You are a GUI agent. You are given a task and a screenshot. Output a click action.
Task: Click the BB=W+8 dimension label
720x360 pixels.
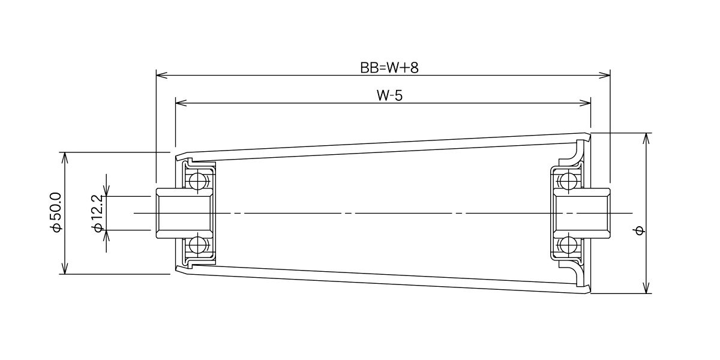[389, 68]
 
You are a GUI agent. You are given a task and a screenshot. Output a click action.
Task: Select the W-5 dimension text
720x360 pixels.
[389, 95]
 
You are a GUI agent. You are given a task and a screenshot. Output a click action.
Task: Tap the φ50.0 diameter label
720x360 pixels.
[56, 212]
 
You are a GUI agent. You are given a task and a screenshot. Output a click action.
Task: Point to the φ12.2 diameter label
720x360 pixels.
[97, 214]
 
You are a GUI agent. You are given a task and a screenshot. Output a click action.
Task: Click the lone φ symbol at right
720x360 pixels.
[640, 230]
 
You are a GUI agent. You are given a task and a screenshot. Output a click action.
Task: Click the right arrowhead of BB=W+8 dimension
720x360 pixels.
[604, 76]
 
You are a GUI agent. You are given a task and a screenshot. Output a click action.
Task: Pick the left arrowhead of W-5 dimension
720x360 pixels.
[181, 103]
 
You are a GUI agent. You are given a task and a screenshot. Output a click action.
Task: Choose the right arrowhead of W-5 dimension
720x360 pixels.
[585, 103]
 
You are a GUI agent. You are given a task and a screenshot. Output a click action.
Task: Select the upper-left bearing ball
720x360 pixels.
[197, 181]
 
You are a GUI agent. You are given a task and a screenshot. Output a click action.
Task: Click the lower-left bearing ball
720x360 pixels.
[197, 245]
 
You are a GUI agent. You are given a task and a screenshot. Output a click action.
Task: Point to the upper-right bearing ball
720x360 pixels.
[568, 181]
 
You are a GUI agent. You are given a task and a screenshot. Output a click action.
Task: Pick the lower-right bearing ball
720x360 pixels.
[568, 245]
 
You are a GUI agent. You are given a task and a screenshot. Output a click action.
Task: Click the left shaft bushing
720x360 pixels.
[185, 214]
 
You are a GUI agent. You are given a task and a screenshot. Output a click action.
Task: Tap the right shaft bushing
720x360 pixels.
[581, 214]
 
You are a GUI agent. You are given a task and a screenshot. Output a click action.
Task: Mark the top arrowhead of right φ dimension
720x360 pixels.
[647, 139]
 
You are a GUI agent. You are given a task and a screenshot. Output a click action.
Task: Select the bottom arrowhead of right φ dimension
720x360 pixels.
[647, 287]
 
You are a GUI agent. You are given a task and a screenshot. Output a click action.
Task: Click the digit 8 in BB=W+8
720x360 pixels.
[415, 68]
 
